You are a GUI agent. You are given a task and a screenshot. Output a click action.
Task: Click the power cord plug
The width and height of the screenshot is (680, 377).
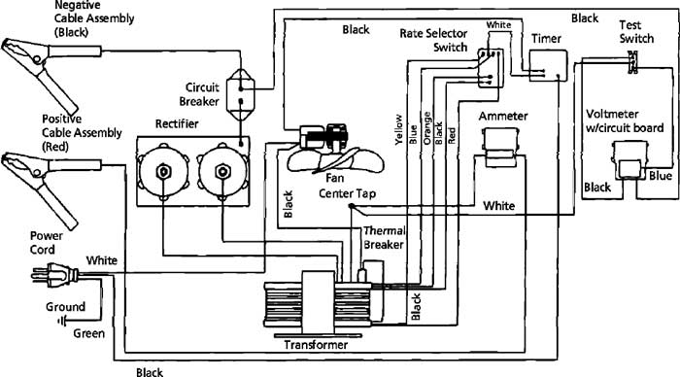pos(54,275)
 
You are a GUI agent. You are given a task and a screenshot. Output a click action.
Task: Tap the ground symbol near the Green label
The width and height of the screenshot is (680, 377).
pos(62,322)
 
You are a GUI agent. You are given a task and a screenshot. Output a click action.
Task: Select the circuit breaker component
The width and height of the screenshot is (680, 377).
pos(241,94)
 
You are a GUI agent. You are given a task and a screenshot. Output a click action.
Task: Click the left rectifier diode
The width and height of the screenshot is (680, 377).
pos(163,172)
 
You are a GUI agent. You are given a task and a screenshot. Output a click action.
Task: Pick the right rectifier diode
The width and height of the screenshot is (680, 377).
pos(222,172)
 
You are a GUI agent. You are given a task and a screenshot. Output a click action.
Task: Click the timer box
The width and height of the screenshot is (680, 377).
pos(548,65)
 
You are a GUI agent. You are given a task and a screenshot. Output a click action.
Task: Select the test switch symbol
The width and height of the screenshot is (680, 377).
pos(632,62)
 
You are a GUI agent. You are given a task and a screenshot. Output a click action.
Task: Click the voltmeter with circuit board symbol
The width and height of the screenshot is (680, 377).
pos(629,160)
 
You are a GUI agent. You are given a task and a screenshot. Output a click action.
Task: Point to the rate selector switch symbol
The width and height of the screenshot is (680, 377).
pos(490,68)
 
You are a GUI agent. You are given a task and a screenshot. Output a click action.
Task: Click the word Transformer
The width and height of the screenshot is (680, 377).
pos(316,345)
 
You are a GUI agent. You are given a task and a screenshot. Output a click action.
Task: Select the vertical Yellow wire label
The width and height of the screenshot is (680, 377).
pos(398,129)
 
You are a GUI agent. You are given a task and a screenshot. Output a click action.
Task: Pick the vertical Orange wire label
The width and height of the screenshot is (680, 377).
pos(427,128)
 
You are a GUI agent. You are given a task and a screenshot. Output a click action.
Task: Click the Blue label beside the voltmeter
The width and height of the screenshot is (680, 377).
pos(661,176)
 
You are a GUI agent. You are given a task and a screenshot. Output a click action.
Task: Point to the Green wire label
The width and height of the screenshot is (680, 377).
pos(89,333)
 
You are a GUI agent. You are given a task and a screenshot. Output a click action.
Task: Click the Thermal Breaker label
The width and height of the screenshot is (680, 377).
pos(385,238)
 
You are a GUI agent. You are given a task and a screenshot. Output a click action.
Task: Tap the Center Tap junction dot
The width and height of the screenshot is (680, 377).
pos(352,206)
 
